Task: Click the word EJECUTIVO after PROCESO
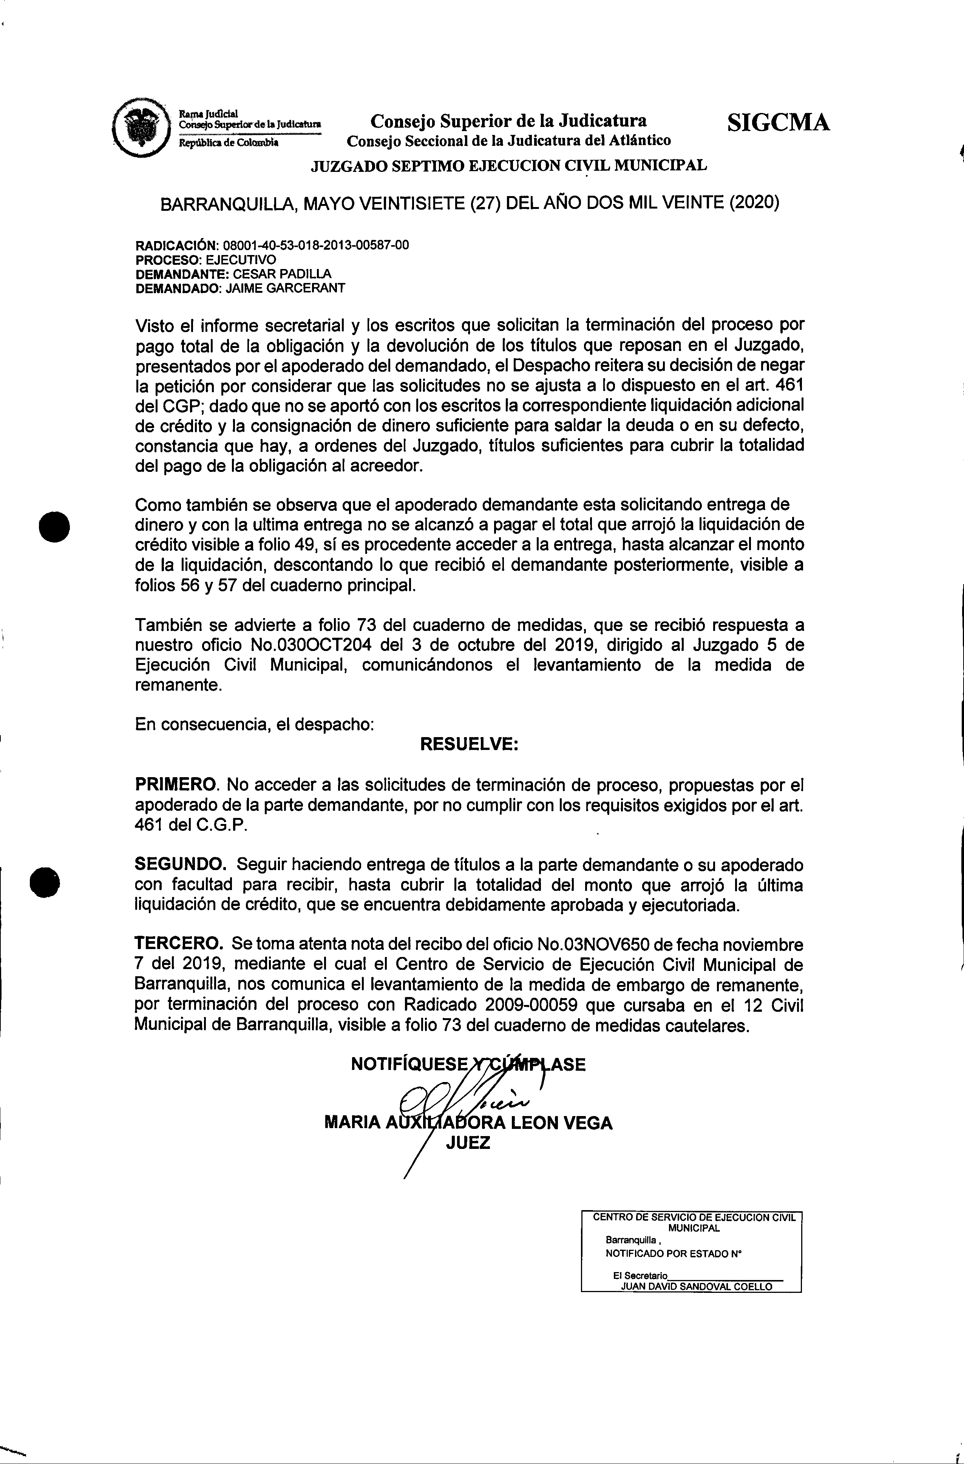pyautogui.click(x=241, y=260)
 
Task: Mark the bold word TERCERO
pyautogui.click(x=179, y=944)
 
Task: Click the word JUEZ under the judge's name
pyautogui.click(x=468, y=1144)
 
